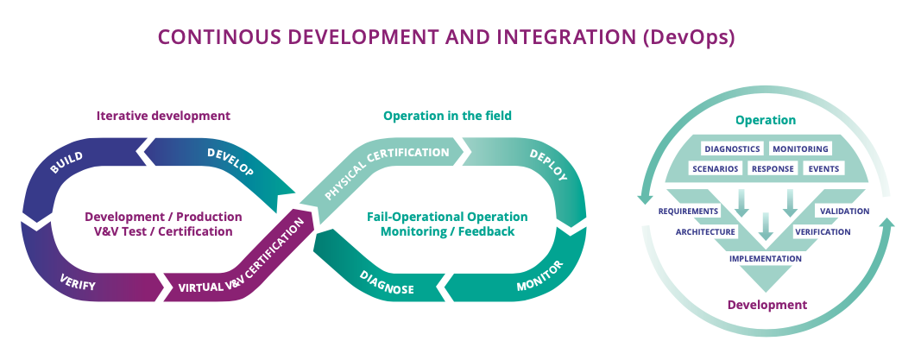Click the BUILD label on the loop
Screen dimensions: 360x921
click(x=66, y=161)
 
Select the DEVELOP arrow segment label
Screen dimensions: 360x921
click(x=230, y=161)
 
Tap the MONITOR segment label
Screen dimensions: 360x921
click(x=539, y=275)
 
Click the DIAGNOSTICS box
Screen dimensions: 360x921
click(x=731, y=148)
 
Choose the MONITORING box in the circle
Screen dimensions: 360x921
click(x=800, y=148)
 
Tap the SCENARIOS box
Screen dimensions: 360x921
click(x=715, y=168)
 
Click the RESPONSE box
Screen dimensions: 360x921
click(x=773, y=168)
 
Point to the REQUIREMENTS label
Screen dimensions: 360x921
click(x=688, y=211)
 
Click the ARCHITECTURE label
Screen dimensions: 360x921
click(x=705, y=231)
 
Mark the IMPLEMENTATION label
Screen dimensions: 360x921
click(x=765, y=258)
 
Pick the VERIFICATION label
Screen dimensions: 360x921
click(x=823, y=231)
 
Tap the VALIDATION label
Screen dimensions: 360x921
click(x=844, y=211)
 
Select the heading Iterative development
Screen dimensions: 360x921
click(x=163, y=115)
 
